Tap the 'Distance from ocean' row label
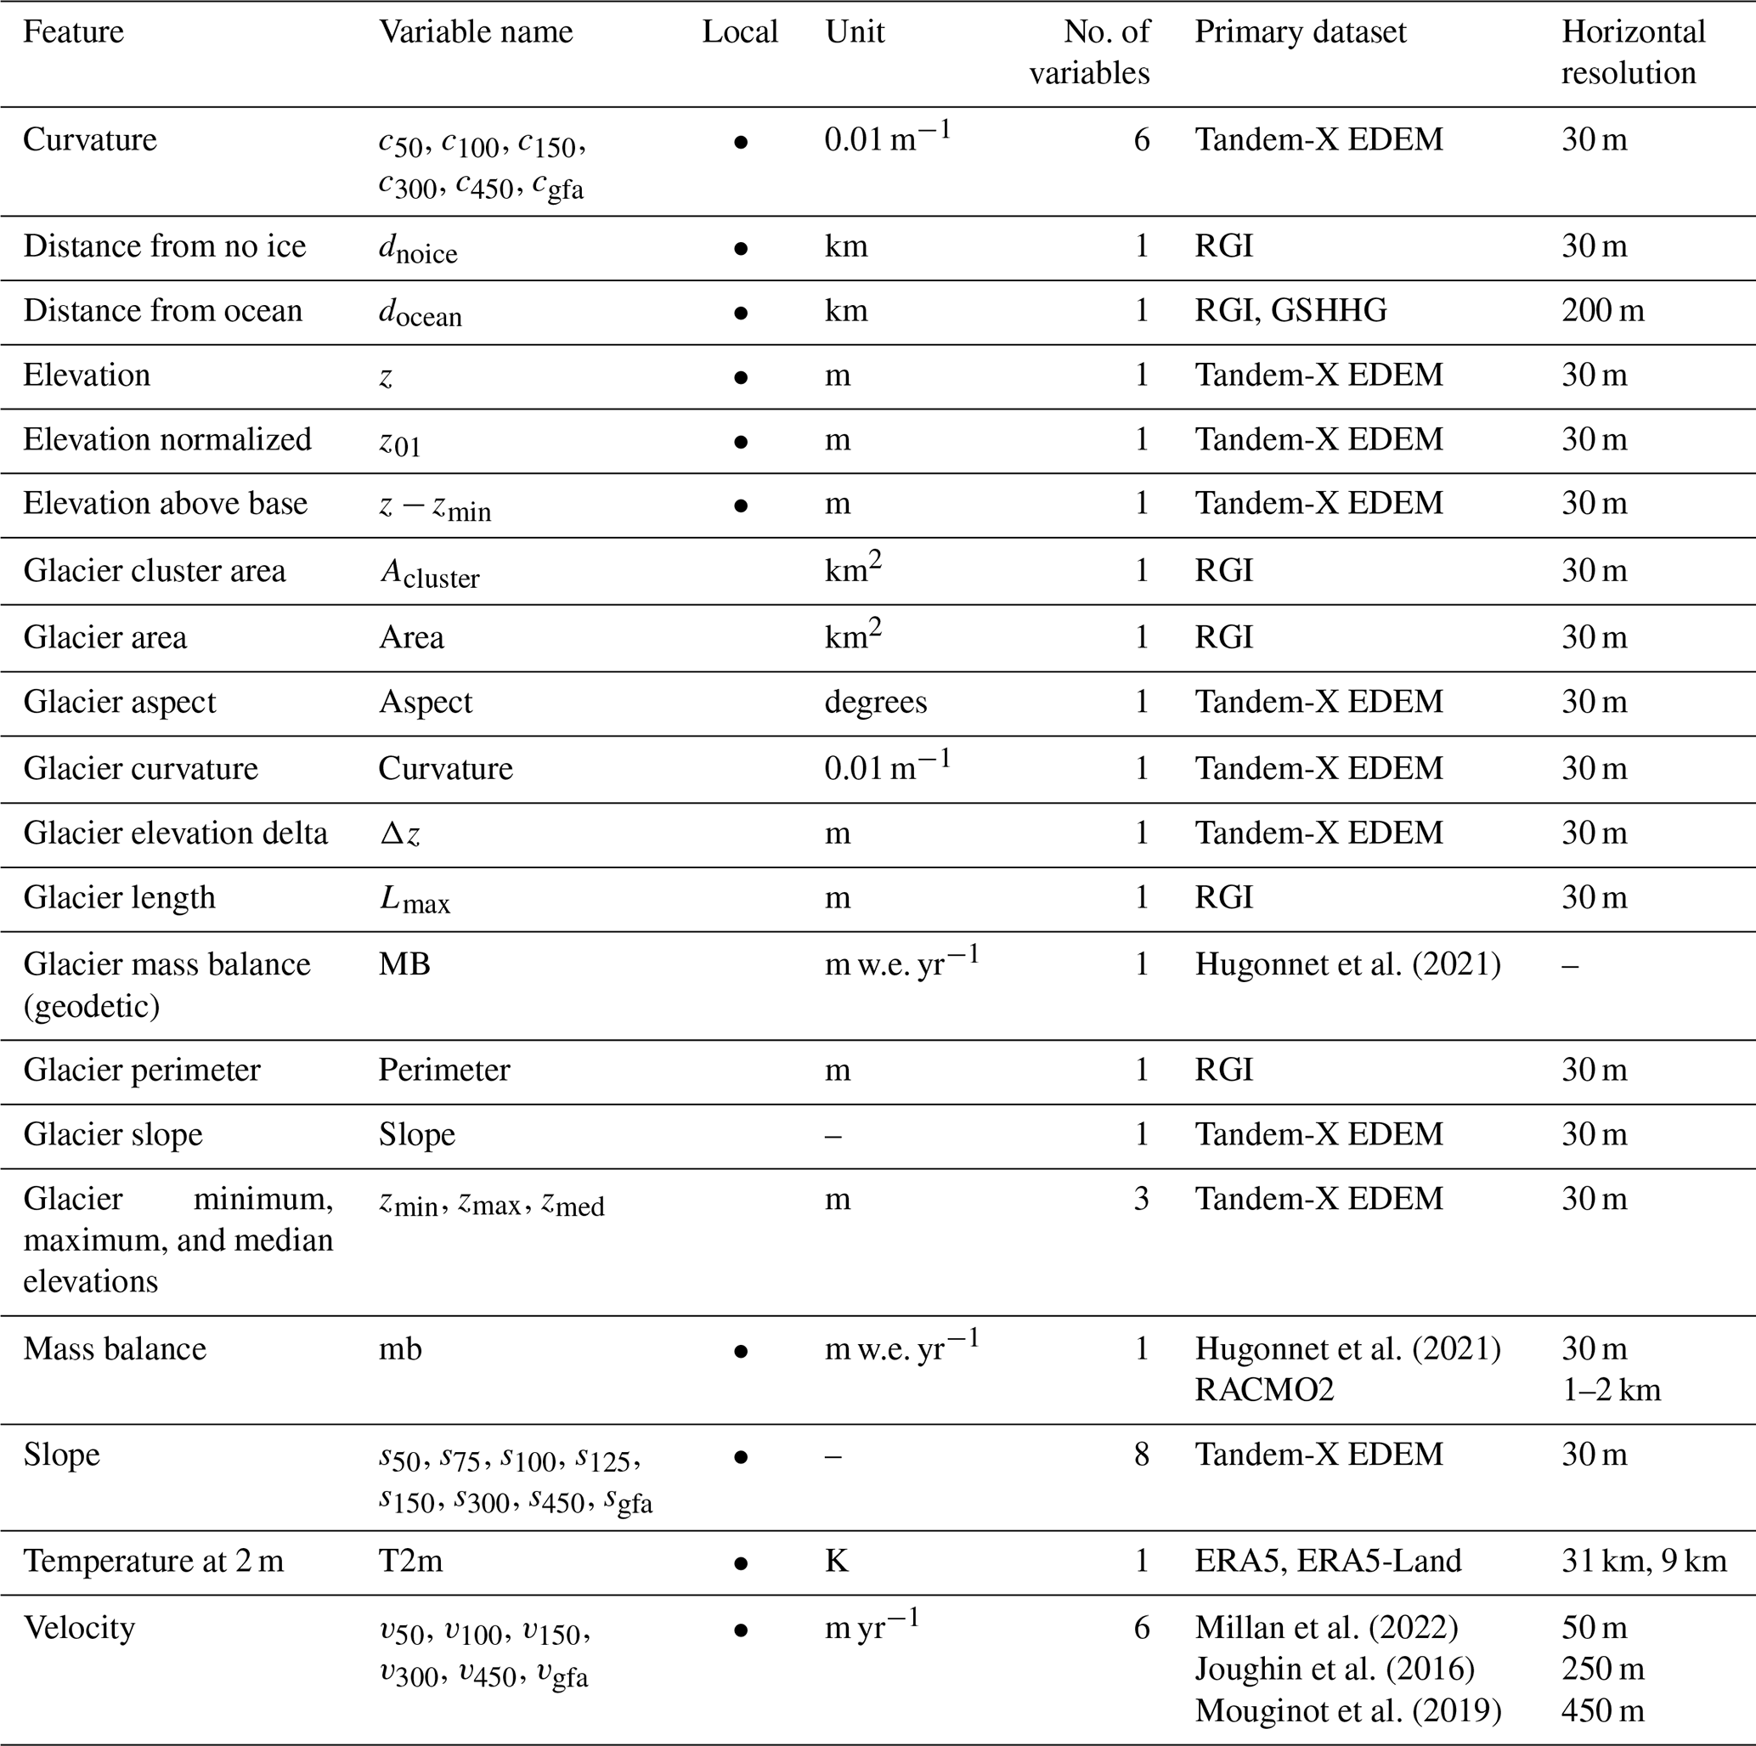(x=163, y=311)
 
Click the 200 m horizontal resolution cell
(x=1602, y=311)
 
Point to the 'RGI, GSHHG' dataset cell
(x=1290, y=311)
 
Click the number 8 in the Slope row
(x=1142, y=1455)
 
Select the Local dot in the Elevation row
(x=741, y=377)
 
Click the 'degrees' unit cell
(x=875, y=703)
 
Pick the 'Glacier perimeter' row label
(x=142, y=1070)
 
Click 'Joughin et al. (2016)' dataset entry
(x=1335, y=1669)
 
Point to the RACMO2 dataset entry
(x=1264, y=1390)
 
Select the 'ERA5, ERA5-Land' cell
(x=1328, y=1561)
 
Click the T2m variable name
(x=411, y=1561)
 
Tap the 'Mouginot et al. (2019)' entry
(x=1348, y=1710)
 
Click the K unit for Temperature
(x=836, y=1561)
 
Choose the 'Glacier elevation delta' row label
(x=175, y=833)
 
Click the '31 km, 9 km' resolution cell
(x=1643, y=1561)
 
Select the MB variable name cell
(x=404, y=964)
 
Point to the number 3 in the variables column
(x=1142, y=1199)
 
